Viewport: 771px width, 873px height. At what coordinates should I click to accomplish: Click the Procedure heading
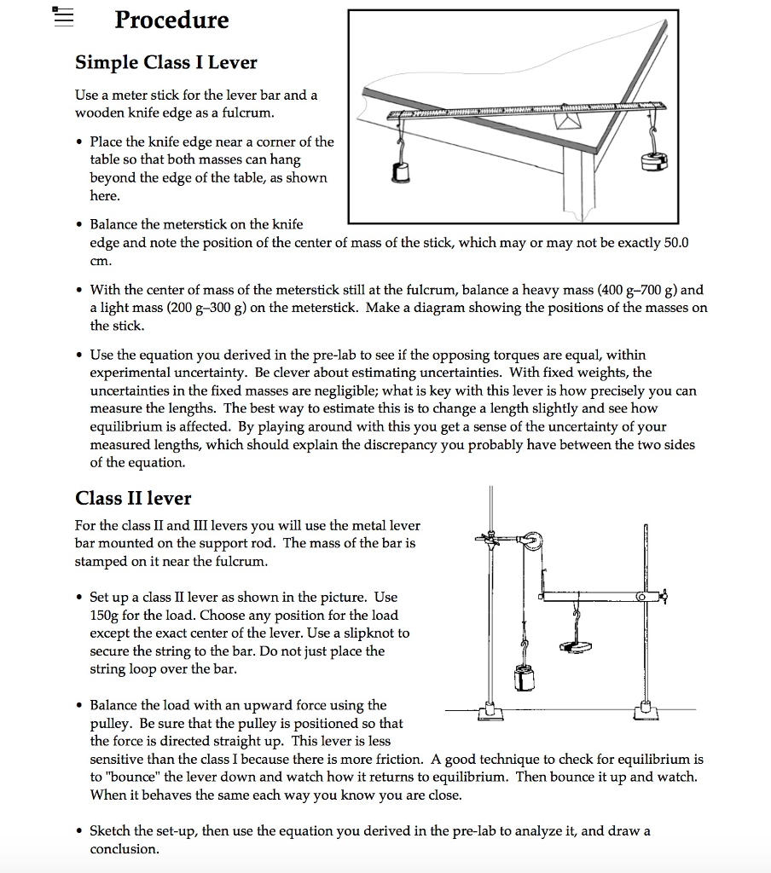(x=171, y=20)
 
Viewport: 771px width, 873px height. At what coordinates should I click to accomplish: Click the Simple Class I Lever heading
(x=166, y=62)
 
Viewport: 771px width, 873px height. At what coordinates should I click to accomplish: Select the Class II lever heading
(x=133, y=498)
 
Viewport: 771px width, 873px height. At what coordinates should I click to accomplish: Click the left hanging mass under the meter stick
(x=399, y=173)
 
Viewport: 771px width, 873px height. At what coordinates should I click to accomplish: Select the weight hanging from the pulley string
(x=525, y=679)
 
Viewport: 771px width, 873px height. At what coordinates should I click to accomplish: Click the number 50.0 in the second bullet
(x=675, y=243)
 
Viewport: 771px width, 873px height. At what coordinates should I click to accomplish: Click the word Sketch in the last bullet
(x=113, y=831)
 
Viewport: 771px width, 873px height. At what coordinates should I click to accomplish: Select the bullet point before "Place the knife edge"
(x=79, y=142)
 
